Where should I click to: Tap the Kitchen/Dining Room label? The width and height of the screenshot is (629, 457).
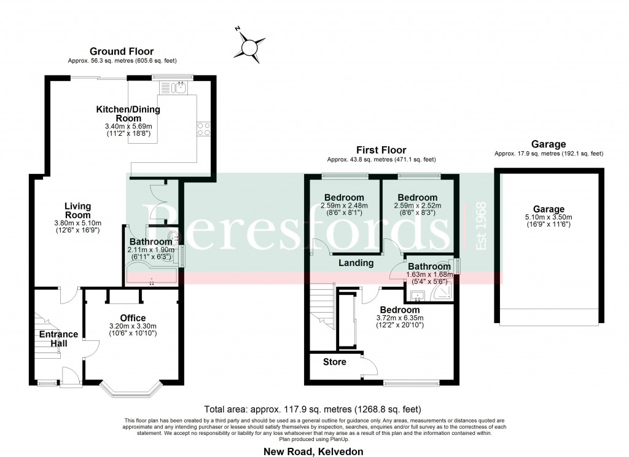click(128, 114)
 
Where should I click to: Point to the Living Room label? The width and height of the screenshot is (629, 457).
click(77, 211)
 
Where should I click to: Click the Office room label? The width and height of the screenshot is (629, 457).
click(133, 318)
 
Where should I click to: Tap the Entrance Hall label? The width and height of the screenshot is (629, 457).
click(58, 339)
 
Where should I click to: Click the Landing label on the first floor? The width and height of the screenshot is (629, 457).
click(357, 263)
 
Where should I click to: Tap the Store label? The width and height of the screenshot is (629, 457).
click(335, 362)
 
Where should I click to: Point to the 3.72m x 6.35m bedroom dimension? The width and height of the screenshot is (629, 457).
click(399, 318)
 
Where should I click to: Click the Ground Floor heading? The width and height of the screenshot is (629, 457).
click(122, 52)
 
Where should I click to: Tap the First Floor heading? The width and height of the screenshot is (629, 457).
click(381, 150)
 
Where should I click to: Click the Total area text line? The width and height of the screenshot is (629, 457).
click(312, 409)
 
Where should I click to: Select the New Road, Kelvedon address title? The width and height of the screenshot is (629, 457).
click(314, 451)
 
